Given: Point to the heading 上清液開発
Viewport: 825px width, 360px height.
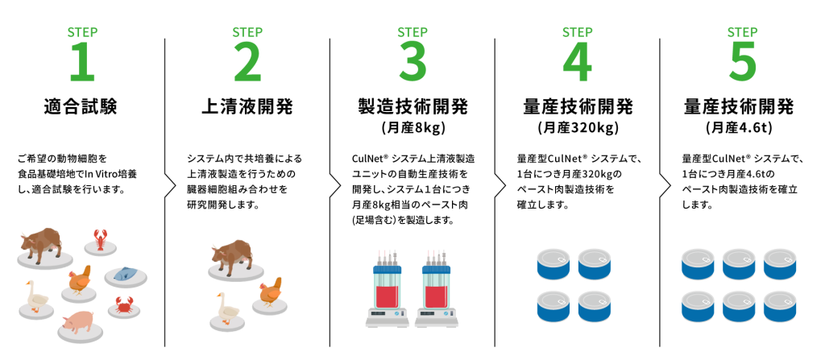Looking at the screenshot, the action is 247,107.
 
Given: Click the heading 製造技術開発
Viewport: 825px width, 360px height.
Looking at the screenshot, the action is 412,107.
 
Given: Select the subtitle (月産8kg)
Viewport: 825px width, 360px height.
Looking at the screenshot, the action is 412,128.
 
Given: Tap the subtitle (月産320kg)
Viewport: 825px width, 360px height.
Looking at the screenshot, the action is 577,128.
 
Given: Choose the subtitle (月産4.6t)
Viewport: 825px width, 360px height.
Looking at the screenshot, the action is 742,128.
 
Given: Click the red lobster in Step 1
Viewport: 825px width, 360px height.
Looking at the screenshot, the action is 101,238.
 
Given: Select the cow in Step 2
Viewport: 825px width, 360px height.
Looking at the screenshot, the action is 231,256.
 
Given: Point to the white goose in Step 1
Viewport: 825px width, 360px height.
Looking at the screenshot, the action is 36,297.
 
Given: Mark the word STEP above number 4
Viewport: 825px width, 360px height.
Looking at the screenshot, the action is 577,32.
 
